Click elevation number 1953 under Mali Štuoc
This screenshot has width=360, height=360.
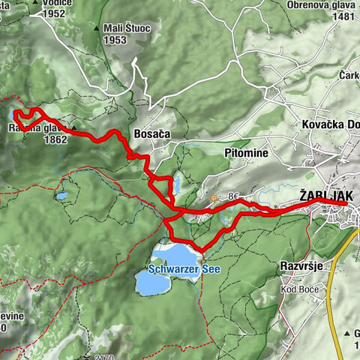(115, 40)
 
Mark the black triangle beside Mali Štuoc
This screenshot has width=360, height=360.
(97, 28)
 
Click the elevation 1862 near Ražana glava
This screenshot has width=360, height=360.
(56, 139)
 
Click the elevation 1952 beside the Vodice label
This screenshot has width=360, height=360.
(54, 13)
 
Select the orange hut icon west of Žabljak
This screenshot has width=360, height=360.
(213, 199)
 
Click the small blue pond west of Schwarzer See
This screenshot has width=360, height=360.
(61, 196)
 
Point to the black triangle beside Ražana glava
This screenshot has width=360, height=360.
(74, 127)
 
